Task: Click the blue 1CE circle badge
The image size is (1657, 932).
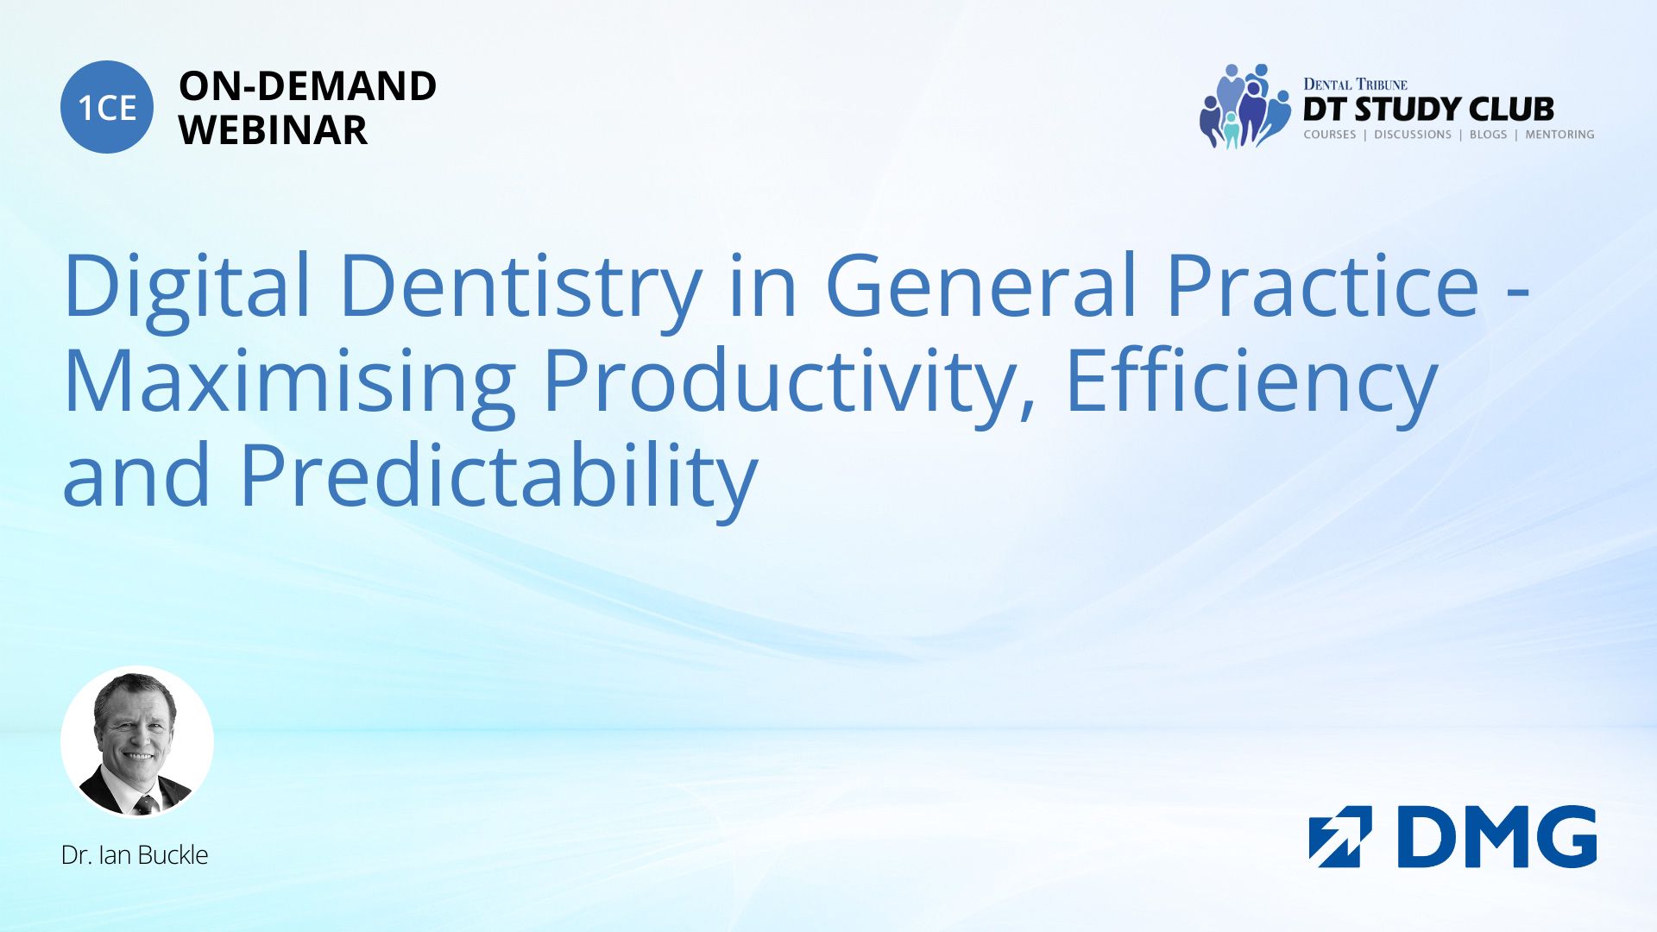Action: click(107, 107)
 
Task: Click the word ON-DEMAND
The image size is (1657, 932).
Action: click(307, 86)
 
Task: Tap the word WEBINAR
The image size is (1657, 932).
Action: click(273, 130)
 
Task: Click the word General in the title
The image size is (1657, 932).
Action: click(981, 285)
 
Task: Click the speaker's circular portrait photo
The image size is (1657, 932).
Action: click(137, 742)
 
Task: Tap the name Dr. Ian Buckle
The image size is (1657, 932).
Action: click(135, 855)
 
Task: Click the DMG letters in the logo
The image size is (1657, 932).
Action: click(1497, 836)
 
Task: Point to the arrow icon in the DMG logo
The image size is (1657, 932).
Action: click(1340, 836)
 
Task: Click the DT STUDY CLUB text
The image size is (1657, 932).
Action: click(1428, 110)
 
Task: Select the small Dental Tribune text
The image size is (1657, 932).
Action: click(1355, 85)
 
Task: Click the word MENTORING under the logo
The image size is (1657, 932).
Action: click(1559, 135)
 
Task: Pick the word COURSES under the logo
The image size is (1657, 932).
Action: click(1330, 135)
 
